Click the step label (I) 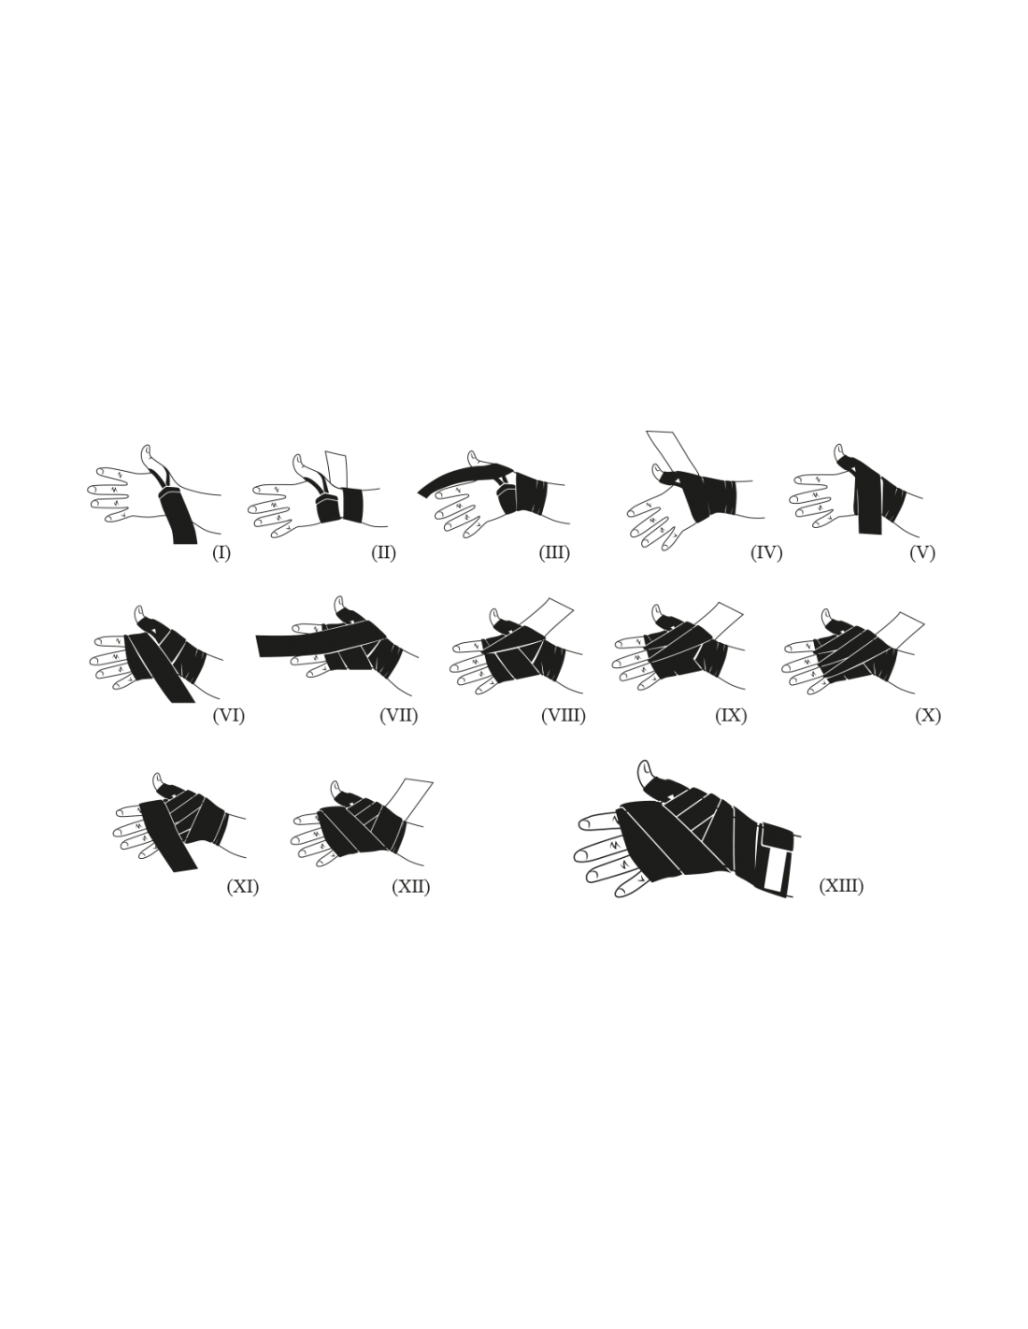click(221, 553)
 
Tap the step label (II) click(383, 553)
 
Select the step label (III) click(554, 553)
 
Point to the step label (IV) click(766, 553)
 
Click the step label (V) click(922, 553)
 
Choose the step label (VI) click(229, 716)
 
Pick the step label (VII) click(399, 716)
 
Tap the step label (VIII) click(564, 716)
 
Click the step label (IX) click(731, 716)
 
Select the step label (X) click(928, 716)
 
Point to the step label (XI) click(243, 887)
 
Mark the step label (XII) click(411, 887)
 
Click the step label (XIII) click(841, 886)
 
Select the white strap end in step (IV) click(672, 451)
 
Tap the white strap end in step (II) click(337, 470)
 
